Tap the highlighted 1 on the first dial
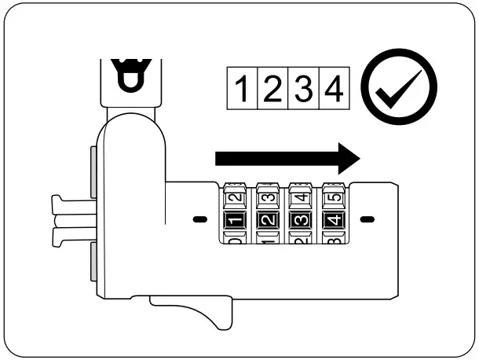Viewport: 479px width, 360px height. (234, 219)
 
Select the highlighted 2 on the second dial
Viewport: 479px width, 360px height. (266, 219)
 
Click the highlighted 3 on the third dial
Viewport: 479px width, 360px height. (298, 219)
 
